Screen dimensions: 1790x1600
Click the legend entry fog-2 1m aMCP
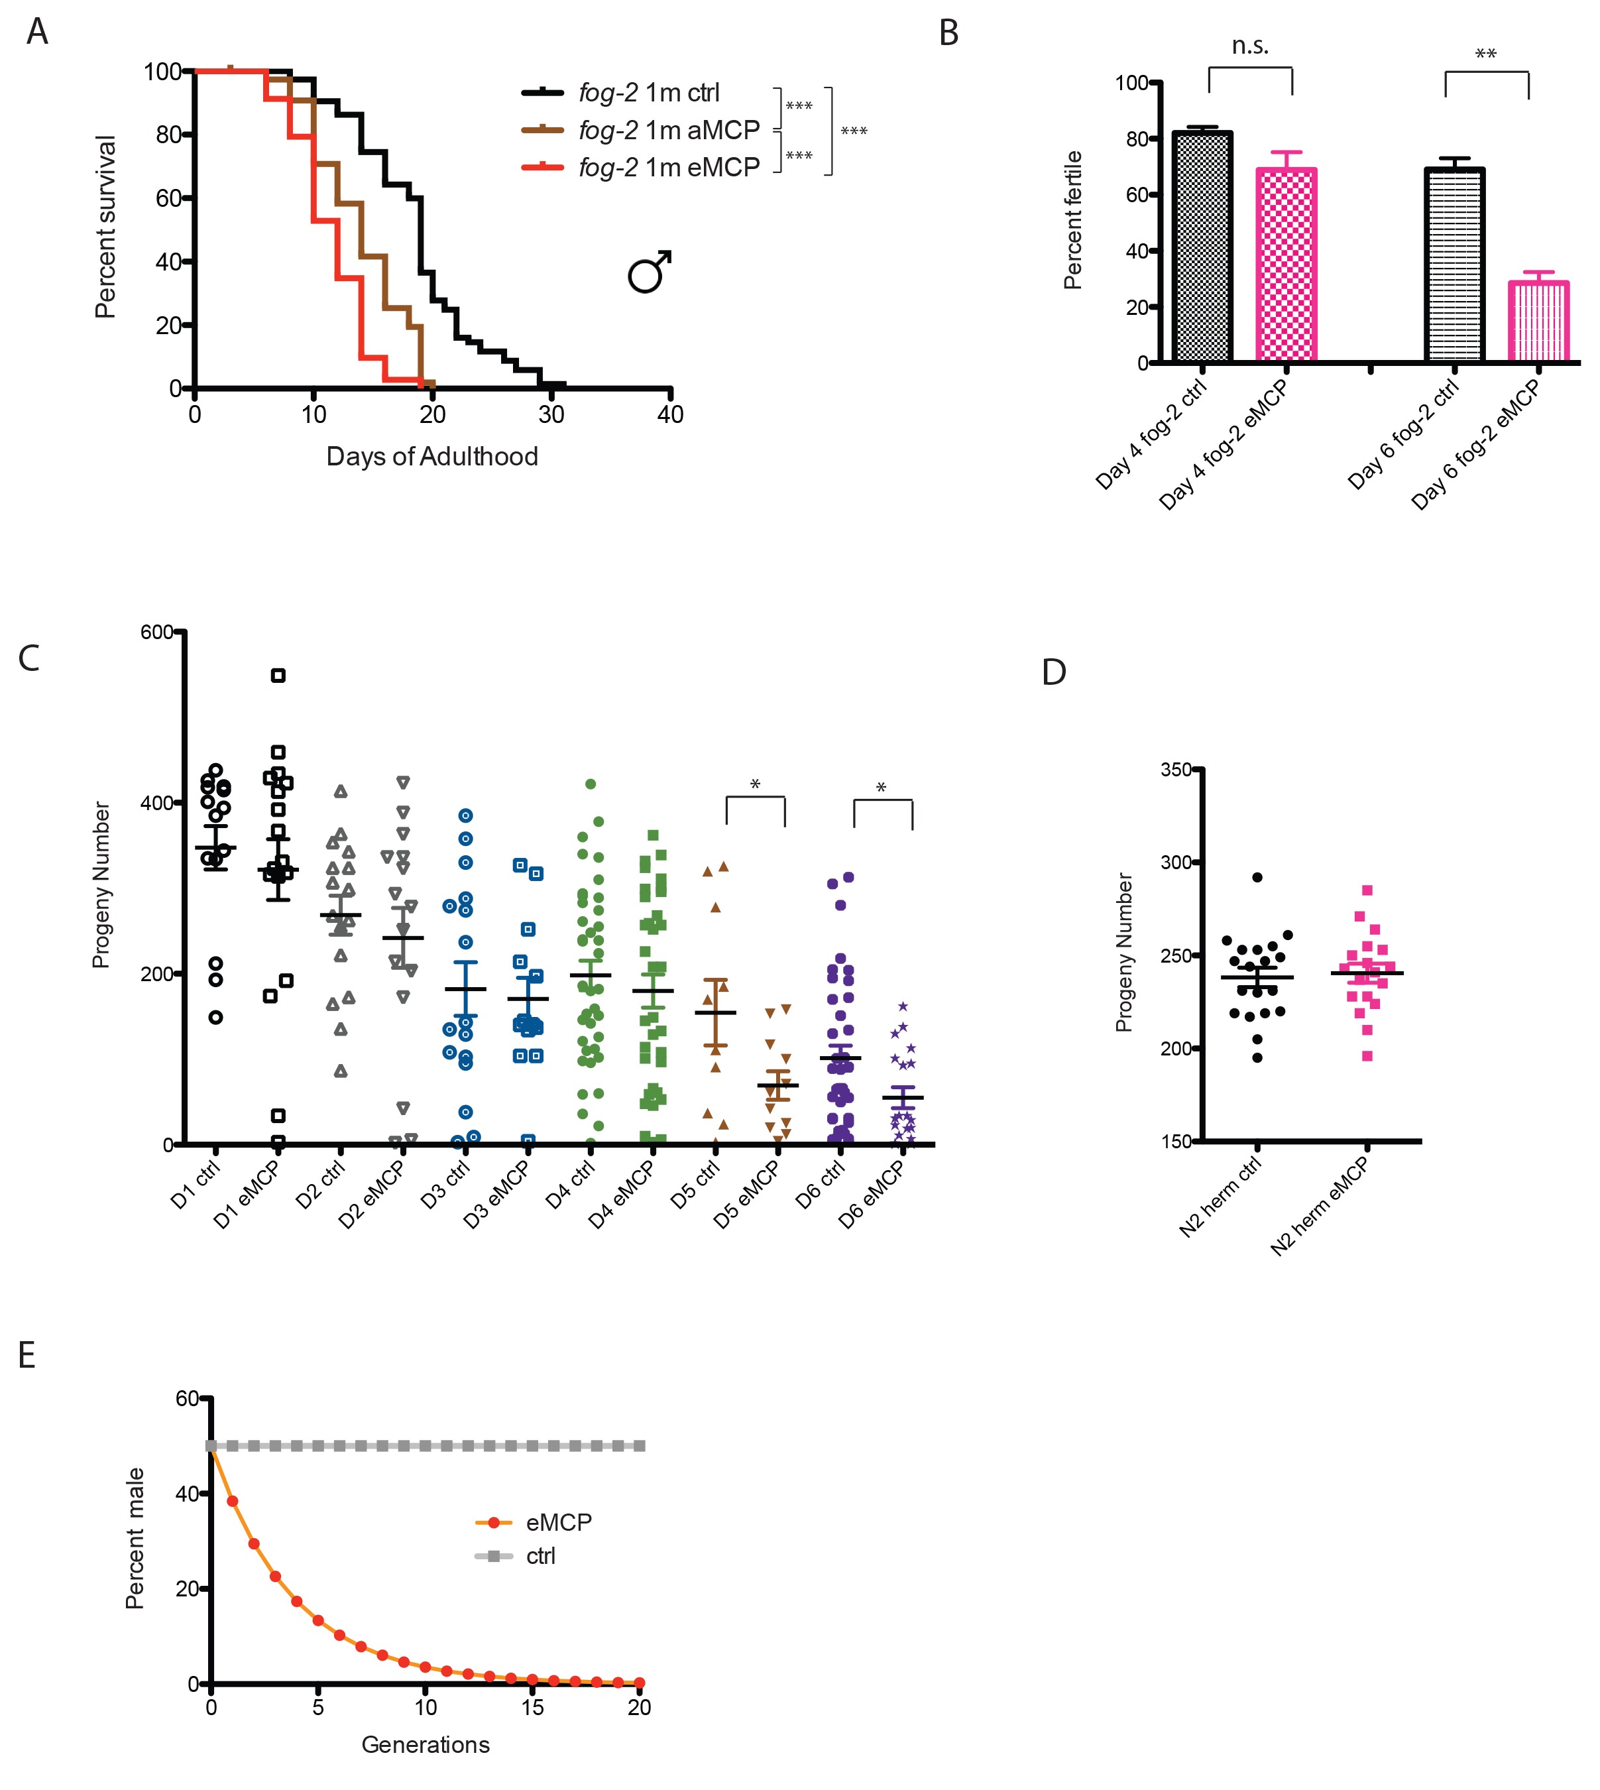point(668,130)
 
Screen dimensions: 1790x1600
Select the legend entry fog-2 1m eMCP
point(668,167)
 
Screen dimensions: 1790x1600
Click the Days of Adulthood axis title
point(431,456)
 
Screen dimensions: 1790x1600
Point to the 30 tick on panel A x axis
point(551,415)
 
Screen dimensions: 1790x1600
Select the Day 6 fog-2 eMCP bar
point(1538,321)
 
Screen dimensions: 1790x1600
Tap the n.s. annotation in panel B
point(1250,46)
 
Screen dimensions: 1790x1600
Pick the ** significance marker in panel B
point(1486,54)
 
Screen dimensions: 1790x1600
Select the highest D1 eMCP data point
point(278,675)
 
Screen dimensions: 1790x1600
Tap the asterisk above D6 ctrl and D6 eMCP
point(882,788)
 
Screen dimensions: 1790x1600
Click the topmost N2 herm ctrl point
point(1257,877)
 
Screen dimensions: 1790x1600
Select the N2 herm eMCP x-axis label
point(1320,1205)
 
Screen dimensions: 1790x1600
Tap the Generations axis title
point(426,1744)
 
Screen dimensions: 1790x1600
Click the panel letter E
point(27,1355)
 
